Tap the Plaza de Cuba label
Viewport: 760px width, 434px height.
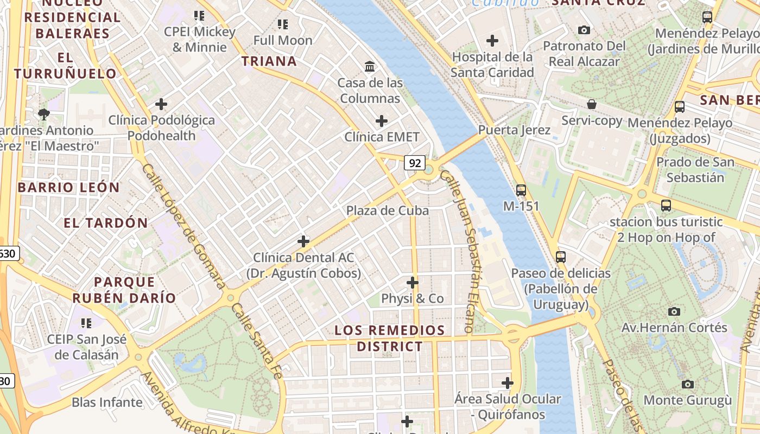pyautogui.click(x=387, y=210)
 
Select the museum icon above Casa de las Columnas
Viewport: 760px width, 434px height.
pyautogui.click(x=370, y=66)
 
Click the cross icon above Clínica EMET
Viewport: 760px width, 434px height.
pyautogui.click(x=382, y=120)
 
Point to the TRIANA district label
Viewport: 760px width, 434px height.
pyautogui.click(x=269, y=61)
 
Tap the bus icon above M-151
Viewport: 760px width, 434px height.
pyautogui.click(x=521, y=190)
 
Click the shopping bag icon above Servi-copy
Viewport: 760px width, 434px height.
pyautogui.click(x=592, y=104)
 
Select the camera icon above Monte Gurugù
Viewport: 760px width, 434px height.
pyautogui.click(x=688, y=384)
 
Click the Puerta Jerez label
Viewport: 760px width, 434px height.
pyautogui.click(x=514, y=130)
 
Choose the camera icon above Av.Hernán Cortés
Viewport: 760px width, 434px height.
pyautogui.click(x=674, y=311)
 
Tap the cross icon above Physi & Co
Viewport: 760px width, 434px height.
pyautogui.click(x=413, y=283)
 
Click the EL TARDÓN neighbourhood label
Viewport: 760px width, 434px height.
pyautogui.click(x=106, y=223)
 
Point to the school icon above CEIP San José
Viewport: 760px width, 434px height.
pyautogui.click(x=86, y=323)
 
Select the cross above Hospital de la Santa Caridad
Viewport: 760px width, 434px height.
pyautogui.click(x=492, y=41)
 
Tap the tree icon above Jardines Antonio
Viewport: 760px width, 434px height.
pyautogui.click(x=43, y=114)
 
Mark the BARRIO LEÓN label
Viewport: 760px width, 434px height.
pyautogui.click(x=68, y=188)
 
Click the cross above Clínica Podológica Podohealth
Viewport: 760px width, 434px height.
pyautogui.click(x=161, y=104)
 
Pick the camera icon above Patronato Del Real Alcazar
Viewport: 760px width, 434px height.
pyautogui.click(x=584, y=30)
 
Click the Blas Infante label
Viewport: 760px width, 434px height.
pyautogui.click(x=107, y=403)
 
